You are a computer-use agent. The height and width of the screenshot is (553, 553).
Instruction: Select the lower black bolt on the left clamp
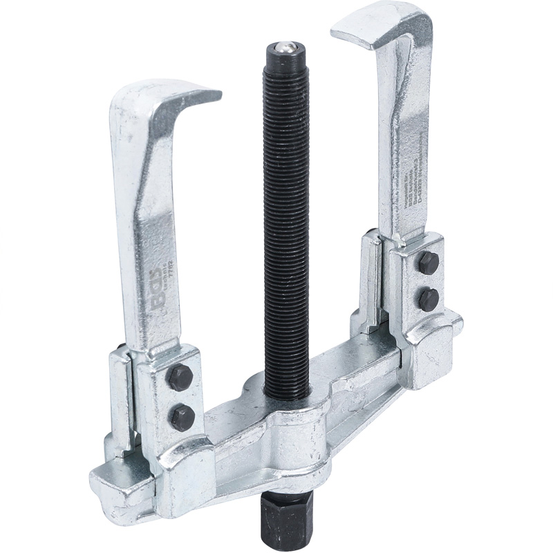(181, 417)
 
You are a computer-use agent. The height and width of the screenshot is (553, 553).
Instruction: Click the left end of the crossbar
(104, 480)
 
